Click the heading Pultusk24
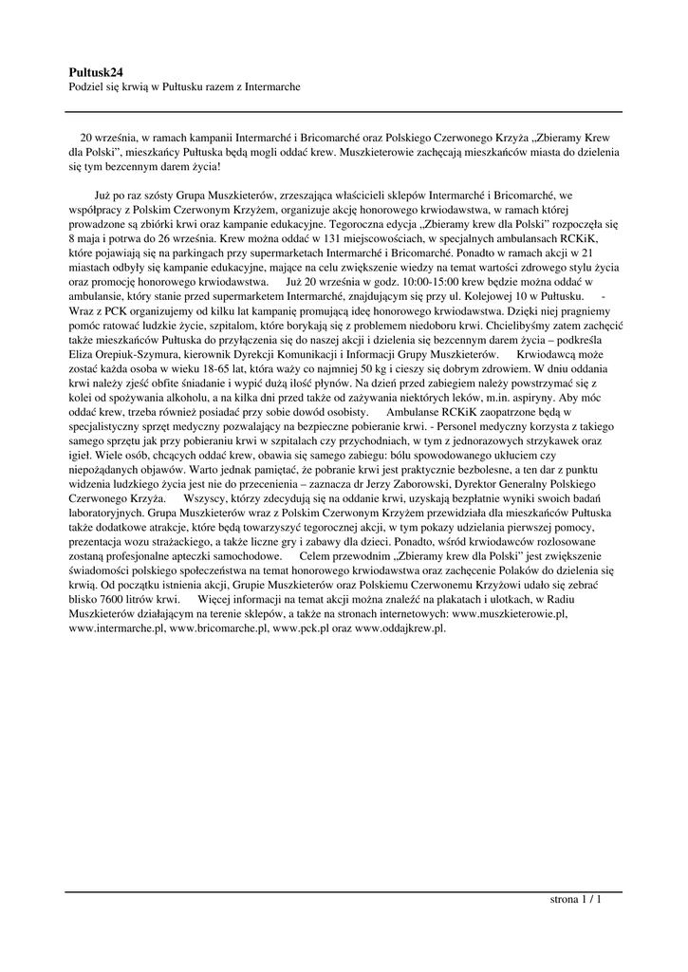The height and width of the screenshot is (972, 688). click(97, 71)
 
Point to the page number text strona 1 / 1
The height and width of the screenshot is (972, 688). click(576, 899)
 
